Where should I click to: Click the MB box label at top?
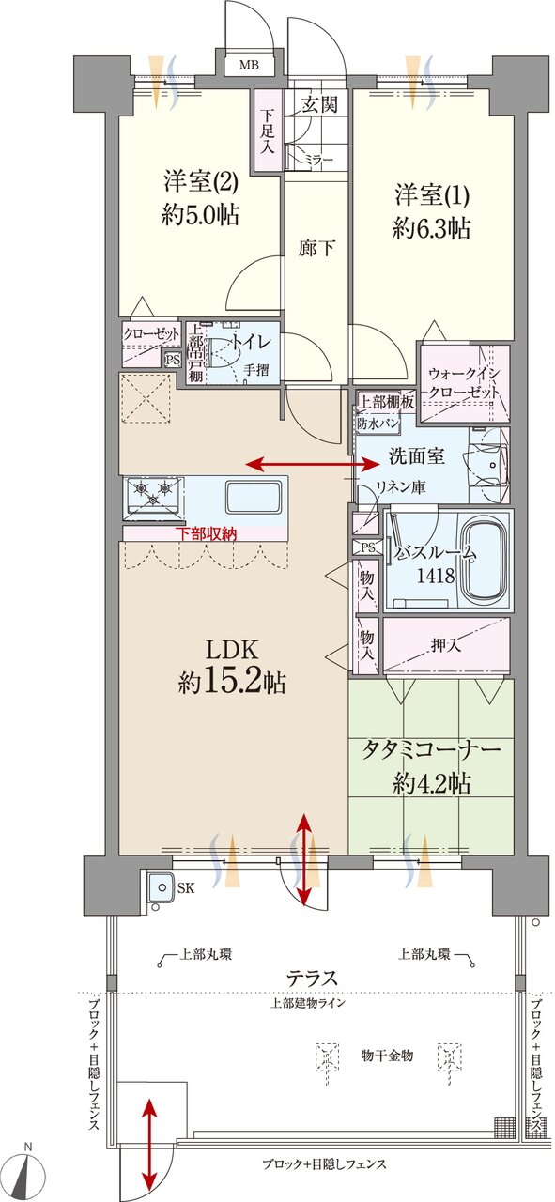[249, 65]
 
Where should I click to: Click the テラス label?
[313, 977]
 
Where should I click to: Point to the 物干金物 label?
[388, 1056]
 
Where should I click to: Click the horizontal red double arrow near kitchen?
[313, 463]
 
